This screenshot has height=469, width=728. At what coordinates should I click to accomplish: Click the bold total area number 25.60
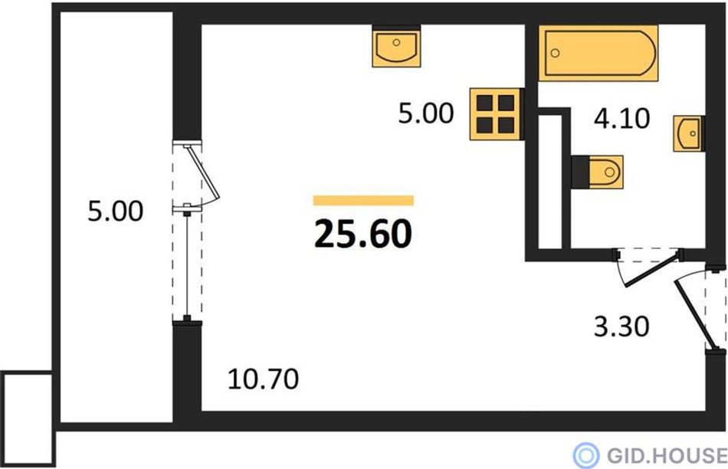363,234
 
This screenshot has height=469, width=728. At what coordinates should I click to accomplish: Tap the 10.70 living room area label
264,379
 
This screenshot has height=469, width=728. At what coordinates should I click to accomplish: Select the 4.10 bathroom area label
621,119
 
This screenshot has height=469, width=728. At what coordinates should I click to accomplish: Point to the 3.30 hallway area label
621,326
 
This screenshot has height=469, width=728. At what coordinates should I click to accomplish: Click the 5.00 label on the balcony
116,212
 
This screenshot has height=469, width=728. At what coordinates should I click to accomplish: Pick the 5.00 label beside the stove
426,113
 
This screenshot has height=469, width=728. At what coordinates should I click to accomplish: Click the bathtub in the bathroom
598,53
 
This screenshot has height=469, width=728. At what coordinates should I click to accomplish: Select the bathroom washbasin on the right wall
689,134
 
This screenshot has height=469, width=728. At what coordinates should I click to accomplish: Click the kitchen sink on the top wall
396,48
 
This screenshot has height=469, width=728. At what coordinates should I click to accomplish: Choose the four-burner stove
495,113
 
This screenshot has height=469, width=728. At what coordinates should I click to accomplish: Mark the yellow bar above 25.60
363,200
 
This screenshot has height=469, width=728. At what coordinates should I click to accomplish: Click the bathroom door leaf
653,270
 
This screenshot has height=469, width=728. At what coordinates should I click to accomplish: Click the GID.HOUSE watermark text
666,454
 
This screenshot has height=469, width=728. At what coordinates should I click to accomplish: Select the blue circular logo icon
586,454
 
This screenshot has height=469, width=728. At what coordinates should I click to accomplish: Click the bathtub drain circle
555,53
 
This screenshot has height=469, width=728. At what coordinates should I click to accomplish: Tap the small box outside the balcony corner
28,418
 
